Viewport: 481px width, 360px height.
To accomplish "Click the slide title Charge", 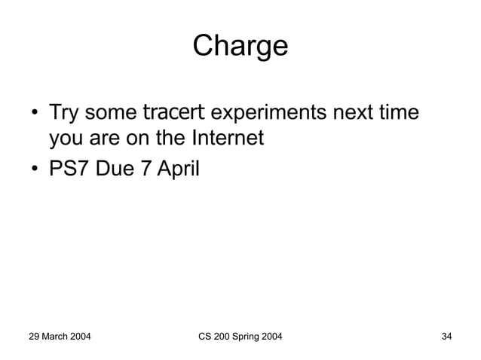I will [x=240, y=46].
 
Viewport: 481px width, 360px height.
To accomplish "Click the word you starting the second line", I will [x=66, y=141].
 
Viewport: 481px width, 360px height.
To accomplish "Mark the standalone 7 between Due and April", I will [x=148, y=169].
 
